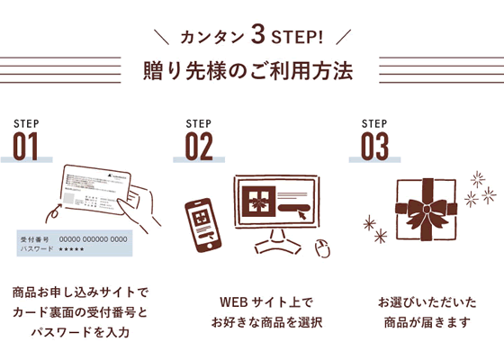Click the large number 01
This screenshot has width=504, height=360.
tap(26, 145)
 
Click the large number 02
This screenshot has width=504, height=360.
tap(199, 145)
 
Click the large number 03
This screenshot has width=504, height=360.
tap(374, 145)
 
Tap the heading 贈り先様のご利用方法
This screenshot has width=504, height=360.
tap(253, 69)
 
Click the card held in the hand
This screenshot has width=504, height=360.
tap(98, 193)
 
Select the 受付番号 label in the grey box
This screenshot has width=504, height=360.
tap(33, 238)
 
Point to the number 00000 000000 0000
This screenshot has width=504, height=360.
tap(94, 238)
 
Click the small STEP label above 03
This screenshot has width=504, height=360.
tap(373, 122)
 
